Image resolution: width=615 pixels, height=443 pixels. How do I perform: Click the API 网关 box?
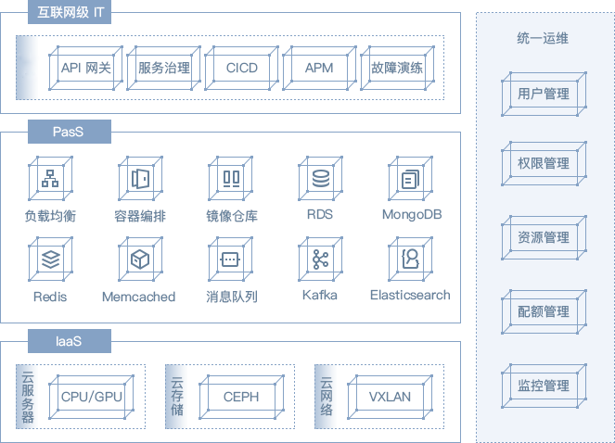85,68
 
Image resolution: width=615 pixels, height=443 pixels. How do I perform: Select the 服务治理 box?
163,68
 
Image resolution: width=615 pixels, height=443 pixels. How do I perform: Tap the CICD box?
241,68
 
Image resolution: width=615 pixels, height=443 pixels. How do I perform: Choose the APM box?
319,68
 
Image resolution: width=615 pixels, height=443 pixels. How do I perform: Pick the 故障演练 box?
396,68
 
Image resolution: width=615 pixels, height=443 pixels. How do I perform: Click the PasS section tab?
69,132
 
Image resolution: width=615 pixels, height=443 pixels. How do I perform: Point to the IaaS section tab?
69,342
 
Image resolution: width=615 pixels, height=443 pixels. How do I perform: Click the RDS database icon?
321,179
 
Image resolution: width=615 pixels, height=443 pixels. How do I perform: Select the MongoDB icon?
410,179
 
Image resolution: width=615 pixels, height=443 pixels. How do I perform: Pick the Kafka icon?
321,259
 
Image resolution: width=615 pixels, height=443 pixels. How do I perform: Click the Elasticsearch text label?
410,295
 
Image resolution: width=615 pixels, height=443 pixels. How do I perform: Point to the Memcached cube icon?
139,259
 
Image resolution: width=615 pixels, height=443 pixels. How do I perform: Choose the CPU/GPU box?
92,397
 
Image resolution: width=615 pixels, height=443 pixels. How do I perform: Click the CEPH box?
241,397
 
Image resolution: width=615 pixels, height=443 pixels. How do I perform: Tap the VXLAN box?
390,397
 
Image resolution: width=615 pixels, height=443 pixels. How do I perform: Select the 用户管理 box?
543,94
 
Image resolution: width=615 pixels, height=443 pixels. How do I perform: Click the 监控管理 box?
543,386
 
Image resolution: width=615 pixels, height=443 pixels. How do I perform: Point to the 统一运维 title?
543,38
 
